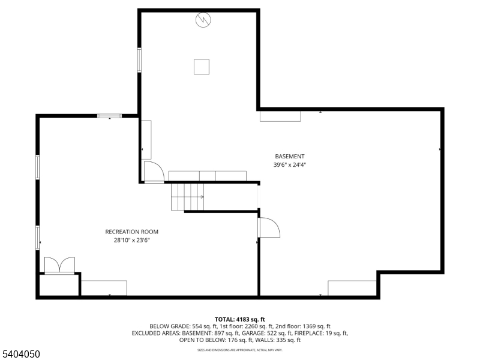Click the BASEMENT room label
click(x=290, y=157)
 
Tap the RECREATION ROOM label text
click(x=132, y=232)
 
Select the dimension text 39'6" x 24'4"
click(x=290, y=164)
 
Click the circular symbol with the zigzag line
click(x=203, y=20)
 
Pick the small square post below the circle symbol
click(x=201, y=67)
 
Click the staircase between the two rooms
click(x=188, y=197)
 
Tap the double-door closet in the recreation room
click(x=59, y=265)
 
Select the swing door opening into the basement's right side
click(x=268, y=228)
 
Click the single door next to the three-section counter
click(x=154, y=172)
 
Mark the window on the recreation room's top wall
click(x=109, y=115)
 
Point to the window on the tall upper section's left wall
click(x=140, y=60)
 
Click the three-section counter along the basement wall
click(x=207, y=176)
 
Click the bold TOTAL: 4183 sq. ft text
click(x=240, y=319)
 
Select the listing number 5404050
click(x=20, y=355)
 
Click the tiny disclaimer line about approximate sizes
click(x=240, y=349)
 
